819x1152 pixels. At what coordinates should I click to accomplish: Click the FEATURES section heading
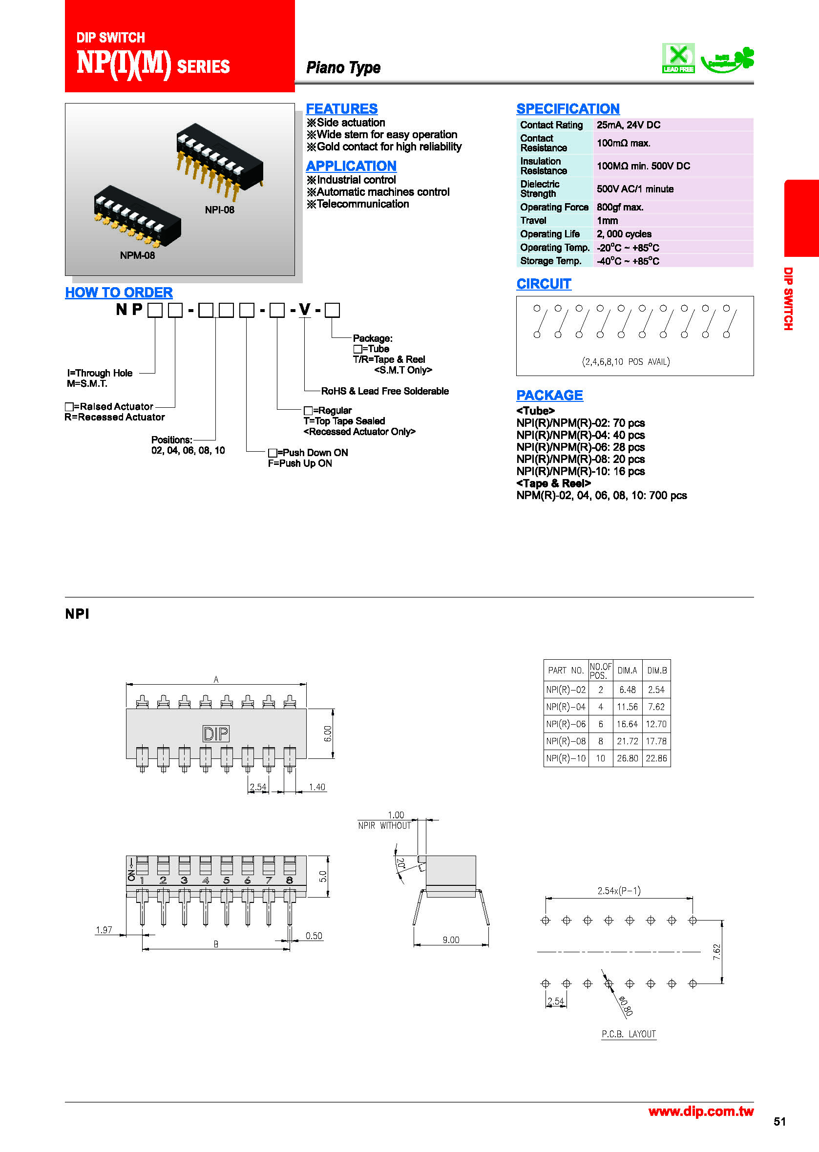click(341, 108)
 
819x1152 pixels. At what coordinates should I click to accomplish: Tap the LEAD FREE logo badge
click(678, 58)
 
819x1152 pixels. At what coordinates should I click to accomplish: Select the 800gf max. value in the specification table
click(620, 207)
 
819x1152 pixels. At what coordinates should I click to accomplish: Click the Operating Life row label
click(550, 234)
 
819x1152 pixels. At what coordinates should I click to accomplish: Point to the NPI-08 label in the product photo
click(219, 209)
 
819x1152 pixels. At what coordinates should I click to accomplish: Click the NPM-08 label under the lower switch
click(137, 255)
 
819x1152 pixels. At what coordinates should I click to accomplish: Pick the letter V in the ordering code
click(305, 309)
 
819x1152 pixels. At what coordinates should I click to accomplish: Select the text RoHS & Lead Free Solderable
click(385, 391)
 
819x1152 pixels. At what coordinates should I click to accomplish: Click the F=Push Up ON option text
click(299, 463)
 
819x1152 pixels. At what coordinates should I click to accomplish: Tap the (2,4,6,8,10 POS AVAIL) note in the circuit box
click(625, 361)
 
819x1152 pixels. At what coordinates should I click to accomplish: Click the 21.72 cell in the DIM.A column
click(627, 741)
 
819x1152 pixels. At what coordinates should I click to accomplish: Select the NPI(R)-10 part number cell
click(566, 758)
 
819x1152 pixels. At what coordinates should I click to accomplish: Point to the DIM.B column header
click(656, 670)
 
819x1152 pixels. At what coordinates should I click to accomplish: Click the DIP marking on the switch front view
click(216, 733)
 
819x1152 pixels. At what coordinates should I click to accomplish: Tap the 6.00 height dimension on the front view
click(328, 733)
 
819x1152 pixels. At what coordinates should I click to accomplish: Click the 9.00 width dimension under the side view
click(451, 939)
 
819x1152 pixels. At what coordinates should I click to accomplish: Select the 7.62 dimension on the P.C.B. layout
click(716, 951)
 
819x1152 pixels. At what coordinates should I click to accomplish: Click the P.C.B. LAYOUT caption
click(629, 1033)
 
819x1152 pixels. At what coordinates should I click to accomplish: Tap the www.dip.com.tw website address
click(700, 1110)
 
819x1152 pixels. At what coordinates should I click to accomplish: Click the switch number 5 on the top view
click(227, 880)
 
